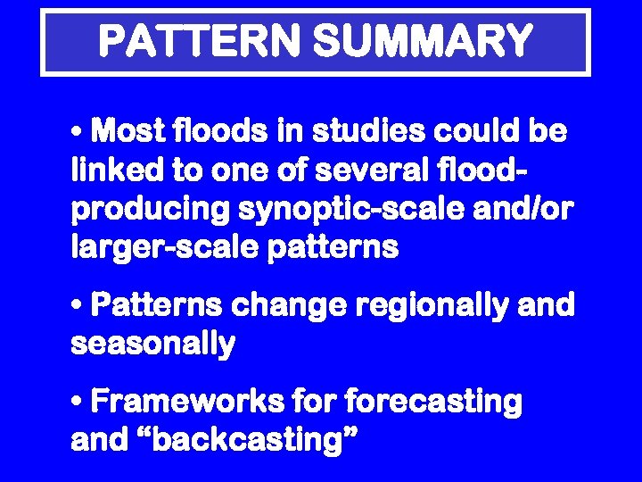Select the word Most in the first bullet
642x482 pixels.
(125, 133)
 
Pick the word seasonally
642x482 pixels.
(152, 344)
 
